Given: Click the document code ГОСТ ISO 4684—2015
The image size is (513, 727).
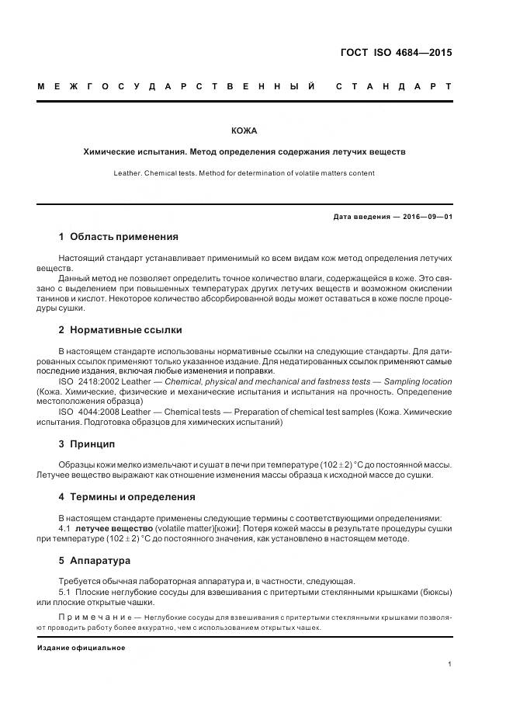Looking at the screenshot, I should [396, 54].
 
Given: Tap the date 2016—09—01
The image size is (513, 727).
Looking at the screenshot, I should [423, 217].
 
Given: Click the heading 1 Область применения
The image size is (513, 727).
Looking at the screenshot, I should [118, 236].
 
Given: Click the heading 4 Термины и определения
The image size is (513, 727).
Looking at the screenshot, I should [127, 496].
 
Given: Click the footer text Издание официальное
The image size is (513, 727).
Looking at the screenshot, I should [81, 648].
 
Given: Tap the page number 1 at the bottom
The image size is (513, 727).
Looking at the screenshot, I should [449, 664].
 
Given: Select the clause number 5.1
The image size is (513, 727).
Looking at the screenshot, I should [64, 592].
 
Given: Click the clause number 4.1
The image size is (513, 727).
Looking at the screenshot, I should [64, 528].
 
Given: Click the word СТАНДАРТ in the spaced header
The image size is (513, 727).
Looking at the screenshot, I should [394, 86].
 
